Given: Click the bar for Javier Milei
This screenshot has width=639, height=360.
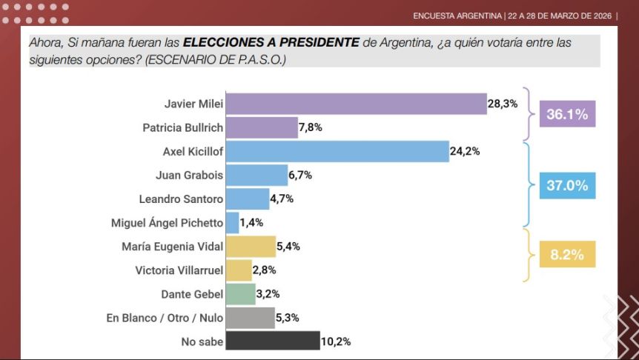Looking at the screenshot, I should pyautogui.click(x=356, y=104).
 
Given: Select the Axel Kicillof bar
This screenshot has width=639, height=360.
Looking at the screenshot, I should pyautogui.click(x=337, y=152).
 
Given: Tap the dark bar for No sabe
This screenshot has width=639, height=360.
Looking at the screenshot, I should pyautogui.click(x=272, y=341).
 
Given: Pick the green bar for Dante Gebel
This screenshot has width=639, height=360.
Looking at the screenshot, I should pyautogui.click(x=240, y=294).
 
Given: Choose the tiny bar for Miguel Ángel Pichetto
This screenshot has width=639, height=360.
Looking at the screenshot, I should pyautogui.click(x=232, y=222).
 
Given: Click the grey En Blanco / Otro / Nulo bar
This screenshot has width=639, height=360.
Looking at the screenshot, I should pyautogui.click(x=250, y=318).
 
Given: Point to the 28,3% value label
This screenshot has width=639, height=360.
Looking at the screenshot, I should pyautogui.click(x=503, y=104).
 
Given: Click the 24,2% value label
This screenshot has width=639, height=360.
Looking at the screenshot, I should pyautogui.click(x=465, y=152).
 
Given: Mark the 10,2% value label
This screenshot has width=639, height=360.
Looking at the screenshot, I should pyautogui.click(x=335, y=341).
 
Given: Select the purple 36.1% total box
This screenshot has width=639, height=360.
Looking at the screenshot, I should pyautogui.click(x=567, y=115).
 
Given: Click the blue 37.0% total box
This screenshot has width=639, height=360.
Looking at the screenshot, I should pyautogui.click(x=567, y=185).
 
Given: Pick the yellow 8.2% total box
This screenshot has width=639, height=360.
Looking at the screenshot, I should pyautogui.click(x=567, y=255).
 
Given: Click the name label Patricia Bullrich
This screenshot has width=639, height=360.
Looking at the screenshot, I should pyautogui.click(x=182, y=128).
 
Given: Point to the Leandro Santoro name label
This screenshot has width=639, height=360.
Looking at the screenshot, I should pyautogui.click(x=181, y=199).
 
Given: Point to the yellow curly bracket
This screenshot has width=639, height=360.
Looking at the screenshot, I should pyautogui.click(x=528, y=255).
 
